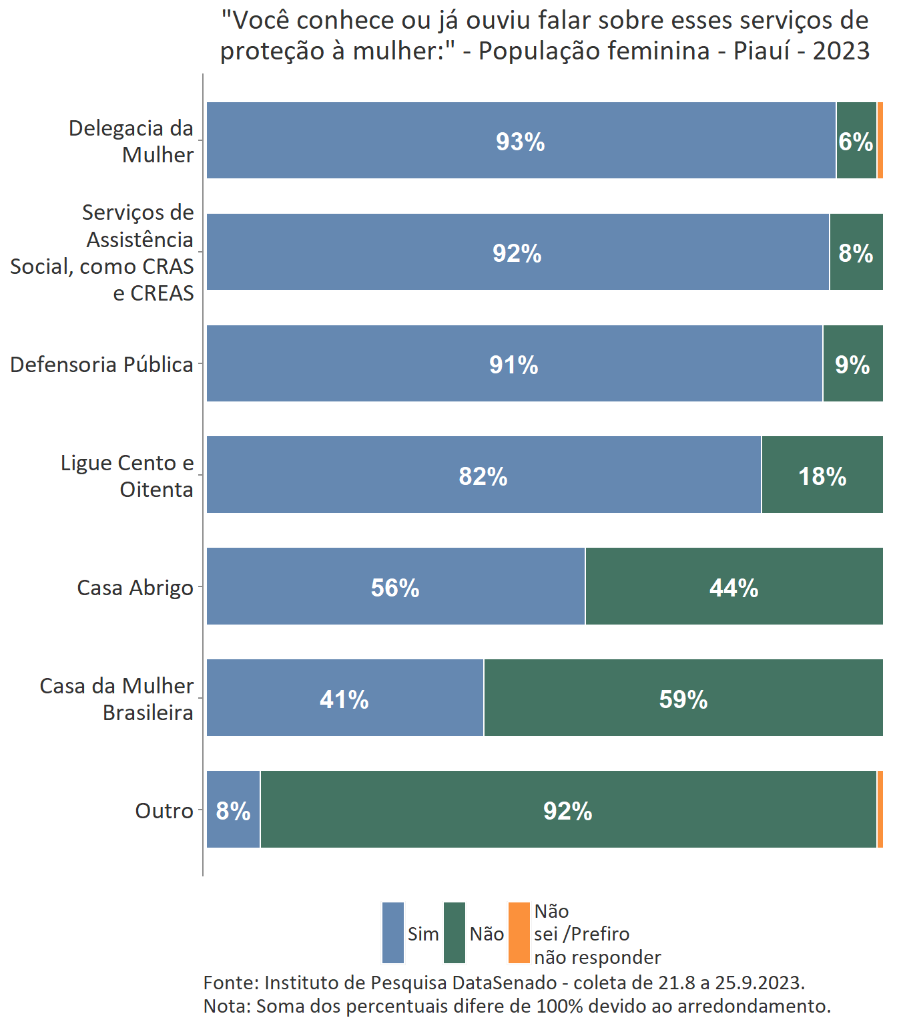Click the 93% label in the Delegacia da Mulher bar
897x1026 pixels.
pos(520,142)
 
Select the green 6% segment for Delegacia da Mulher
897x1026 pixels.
pos(856,141)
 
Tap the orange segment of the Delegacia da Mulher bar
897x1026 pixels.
pos(880,140)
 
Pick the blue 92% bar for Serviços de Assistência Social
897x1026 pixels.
pos(517,252)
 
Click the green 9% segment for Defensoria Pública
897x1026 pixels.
pos(852,364)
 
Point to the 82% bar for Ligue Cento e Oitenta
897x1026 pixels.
pos(483,476)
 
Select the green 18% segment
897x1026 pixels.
pos(822,476)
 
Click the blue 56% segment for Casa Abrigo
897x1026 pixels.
pos(395,587)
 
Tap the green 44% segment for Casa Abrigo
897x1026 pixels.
pos(733,587)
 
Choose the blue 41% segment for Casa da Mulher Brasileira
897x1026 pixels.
pos(344,699)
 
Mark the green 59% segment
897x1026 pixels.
pos(683,699)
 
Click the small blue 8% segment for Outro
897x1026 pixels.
pos(233,810)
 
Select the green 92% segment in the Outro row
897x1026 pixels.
pos(567,810)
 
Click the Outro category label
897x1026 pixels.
pos(164,811)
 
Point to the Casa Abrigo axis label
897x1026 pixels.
pos(135,588)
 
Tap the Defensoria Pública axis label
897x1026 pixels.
pos(101,365)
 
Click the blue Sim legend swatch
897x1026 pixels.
pos(393,933)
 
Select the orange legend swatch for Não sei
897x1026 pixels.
pos(519,933)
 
